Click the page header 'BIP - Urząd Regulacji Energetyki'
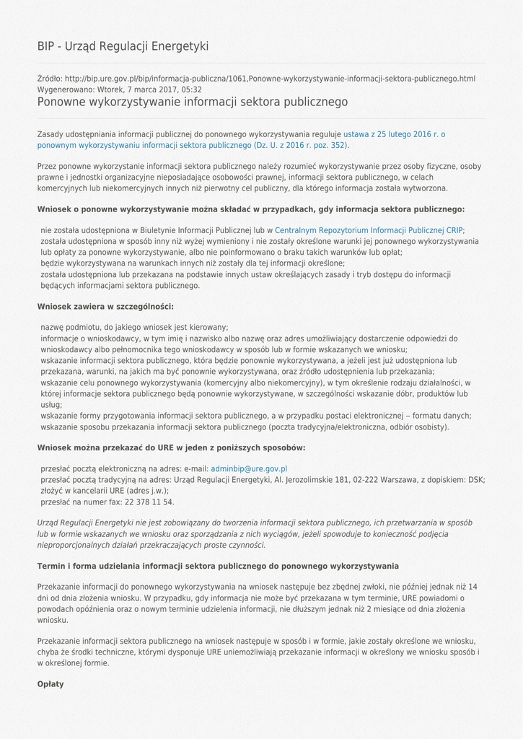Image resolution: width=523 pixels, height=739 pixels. pyautogui.click(x=123, y=46)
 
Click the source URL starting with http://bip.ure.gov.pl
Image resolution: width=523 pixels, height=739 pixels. pyautogui.click(x=270, y=78)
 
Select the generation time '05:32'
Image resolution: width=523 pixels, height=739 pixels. pyautogui.click(x=191, y=89)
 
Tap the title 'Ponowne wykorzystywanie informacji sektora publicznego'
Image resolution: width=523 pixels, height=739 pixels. pyautogui.click(x=192, y=102)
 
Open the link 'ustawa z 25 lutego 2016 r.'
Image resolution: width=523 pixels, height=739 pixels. pyautogui.click(x=394, y=134)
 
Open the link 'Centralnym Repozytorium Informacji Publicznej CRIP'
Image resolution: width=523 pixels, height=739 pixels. pyautogui.click(x=369, y=230)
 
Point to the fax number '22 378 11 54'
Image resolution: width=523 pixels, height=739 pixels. pyautogui.click(x=149, y=502)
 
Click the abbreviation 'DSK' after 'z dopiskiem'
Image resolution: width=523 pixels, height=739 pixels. pyautogui.click(x=476, y=479)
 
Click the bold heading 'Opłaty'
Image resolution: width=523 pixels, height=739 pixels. pyautogui.click(x=50, y=683)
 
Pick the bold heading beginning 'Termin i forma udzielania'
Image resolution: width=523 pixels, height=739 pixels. pyautogui.click(x=218, y=566)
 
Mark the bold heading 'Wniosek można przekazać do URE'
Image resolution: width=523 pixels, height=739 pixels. pyautogui.click(x=171, y=447)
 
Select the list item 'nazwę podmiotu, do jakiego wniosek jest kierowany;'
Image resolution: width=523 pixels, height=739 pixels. pyautogui.click(x=134, y=327)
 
